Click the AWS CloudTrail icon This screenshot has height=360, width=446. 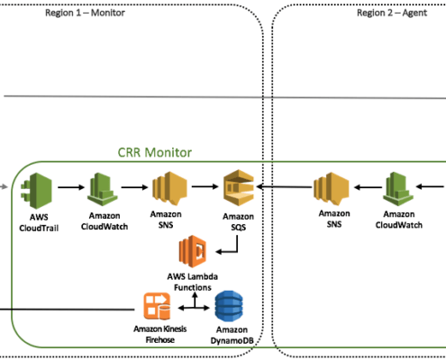[36, 191]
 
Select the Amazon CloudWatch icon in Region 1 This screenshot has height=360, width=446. [103, 189]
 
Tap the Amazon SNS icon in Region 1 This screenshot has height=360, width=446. [169, 188]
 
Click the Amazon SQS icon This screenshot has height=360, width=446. [239, 188]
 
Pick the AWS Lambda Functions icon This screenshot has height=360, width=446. [193, 251]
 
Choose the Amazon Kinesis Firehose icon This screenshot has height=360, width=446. [157, 306]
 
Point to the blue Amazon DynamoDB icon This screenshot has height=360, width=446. [229, 306]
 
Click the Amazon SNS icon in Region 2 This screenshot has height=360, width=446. [332, 189]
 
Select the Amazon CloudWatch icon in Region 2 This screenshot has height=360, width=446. [398, 189]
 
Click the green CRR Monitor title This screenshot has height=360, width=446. [155, 152]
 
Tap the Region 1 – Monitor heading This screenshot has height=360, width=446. [85, 13]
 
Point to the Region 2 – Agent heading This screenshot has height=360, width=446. [392, 13]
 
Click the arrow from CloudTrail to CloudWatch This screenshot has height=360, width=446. [71, 187]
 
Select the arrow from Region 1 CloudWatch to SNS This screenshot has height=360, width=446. [134, 187]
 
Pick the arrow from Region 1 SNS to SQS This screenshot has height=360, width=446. [205, 186]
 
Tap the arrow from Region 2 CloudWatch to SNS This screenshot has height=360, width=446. [368, 187]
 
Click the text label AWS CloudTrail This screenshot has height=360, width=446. [39, 222]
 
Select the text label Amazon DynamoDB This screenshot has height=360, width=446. [232, 335]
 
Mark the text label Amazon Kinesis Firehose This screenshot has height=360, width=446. [160, 334]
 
